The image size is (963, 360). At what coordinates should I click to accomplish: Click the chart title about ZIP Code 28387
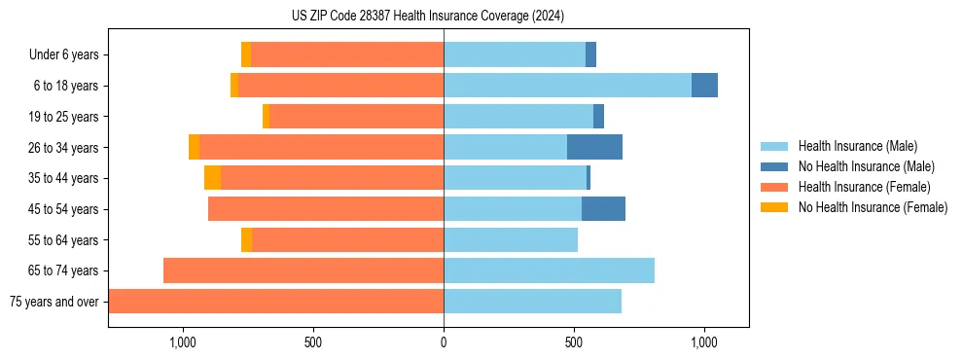pos(427,16)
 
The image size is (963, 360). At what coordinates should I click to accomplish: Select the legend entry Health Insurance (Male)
pos(857,146)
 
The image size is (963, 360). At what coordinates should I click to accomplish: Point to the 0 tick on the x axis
pos(444,342)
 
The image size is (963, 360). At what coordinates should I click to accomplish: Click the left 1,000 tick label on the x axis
pos(183,342)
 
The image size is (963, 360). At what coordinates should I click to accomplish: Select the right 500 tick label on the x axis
pos(574,342)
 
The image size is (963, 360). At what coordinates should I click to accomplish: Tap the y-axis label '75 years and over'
pos(54,302)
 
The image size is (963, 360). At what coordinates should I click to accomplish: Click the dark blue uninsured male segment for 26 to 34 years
pos(594,148)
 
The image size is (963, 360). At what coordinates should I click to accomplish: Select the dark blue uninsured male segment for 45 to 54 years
pos(603,209)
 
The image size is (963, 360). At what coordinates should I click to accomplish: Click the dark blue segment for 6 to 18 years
pos(704,86)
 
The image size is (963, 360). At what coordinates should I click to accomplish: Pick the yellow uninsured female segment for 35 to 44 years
pos(212,178)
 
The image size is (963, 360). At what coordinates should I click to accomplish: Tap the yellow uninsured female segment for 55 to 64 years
pos(246,240)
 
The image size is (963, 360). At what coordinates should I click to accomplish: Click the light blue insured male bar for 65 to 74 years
pos(549,270)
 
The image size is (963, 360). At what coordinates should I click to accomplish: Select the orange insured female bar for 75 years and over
pos(276,302)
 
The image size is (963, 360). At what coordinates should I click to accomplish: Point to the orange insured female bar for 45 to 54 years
pos(326,209)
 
